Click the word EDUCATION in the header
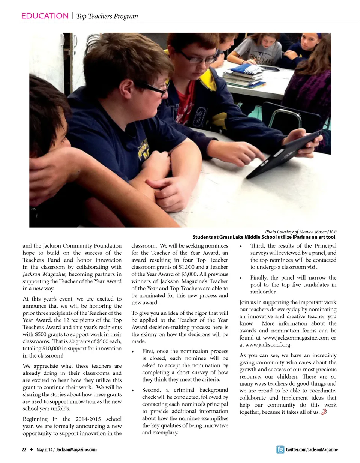(x=45, y=16)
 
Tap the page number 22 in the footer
(x=24, y=449)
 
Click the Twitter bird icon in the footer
(x=280, y=449)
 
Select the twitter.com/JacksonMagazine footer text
(x=312, y=449)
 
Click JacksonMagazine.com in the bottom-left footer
(x=76, y=449)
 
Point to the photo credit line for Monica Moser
(x=301, y=231)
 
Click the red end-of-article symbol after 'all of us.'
(x=324, y=412)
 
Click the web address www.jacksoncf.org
(x=268, y=345)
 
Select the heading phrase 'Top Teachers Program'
(x=107, y=16)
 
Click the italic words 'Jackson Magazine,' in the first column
(x=45, y=274)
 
